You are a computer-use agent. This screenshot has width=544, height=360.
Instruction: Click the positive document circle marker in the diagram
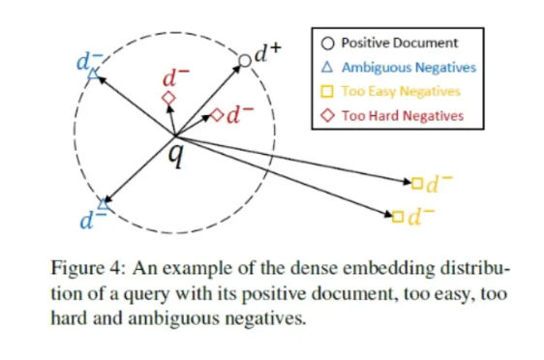[x=245, y=61]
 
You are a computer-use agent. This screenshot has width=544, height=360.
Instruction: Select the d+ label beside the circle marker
[x=267, y=52]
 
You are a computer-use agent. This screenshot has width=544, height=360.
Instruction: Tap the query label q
[x=175, y=156]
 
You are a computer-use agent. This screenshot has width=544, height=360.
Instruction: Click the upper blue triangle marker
[x=93, y=74]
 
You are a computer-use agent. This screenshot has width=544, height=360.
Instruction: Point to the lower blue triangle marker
[x=103, y=204]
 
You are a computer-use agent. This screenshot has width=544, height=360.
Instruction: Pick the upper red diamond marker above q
[x=169, y=98]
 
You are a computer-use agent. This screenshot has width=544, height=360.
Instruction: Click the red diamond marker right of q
[x=218, y=115]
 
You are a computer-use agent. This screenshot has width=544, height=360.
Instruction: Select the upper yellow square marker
[x=417, y=183]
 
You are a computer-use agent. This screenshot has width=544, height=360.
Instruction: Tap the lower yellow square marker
[x=398, y=217]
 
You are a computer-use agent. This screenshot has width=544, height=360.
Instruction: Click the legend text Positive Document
[x=400, y=43]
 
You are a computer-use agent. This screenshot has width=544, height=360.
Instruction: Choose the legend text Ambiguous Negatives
[x=408, y=68]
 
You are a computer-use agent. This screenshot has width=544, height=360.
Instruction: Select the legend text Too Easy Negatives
[x=401, y=92]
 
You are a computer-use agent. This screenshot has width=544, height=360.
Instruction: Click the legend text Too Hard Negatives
[x=403, y=115]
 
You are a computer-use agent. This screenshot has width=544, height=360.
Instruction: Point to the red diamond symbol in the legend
[x=327, y=115]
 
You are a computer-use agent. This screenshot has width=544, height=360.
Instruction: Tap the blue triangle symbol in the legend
[x=327, y=67]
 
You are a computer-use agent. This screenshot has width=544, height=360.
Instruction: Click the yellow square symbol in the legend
[x=327, y=92]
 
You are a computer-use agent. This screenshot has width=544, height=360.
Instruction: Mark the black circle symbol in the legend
[x=327, y=44]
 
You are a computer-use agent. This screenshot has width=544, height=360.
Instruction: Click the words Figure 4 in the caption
[x=86, y=268]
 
